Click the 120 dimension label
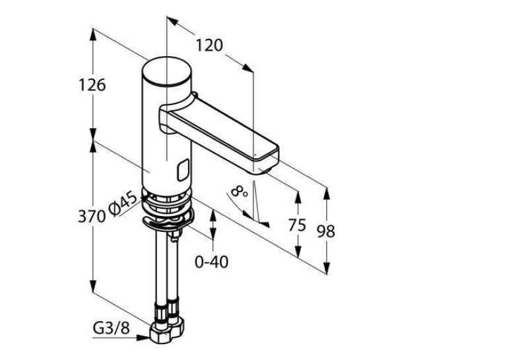coord(209,46)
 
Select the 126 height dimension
coord(92,85)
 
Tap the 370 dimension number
coord(92,216)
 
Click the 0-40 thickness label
coord(212,262)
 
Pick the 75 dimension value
coord(297,225)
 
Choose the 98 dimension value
coord(326,231)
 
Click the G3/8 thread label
coord(111,328)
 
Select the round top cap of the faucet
coord(167,71)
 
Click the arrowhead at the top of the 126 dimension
coord(93,34)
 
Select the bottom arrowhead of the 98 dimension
coord(327,268)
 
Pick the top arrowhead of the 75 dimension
coord(298,198)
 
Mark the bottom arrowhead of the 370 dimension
coord(93,286)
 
